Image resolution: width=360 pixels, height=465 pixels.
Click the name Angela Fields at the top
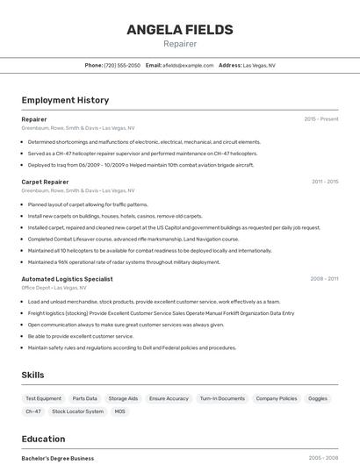pos(180,30)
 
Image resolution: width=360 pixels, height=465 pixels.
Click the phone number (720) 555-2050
pos(122,65)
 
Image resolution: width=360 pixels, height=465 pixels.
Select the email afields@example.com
pos(188,65)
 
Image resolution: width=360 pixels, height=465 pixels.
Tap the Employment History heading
pos(65,100)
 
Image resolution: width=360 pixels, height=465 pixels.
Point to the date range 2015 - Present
pos(321,118)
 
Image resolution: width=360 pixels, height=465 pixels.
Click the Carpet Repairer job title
pos(45,182)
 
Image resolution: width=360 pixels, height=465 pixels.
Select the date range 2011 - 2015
pos(325,182)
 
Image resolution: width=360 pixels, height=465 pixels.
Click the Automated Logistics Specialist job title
pos(67,279)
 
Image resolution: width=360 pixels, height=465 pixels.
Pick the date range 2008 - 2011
pos(324,279)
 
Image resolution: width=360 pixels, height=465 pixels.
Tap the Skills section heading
pos(33,376)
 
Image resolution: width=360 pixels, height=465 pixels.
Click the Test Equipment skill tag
pos(44,398)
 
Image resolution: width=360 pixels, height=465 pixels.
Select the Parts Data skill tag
pos(85,398)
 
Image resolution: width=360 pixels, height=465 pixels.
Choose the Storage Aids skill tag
pos(123,398)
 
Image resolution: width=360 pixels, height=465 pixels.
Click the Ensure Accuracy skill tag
pos(169,398)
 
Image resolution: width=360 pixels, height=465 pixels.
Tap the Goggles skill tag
pos(318,398)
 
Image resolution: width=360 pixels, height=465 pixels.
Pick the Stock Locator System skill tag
pos(77,411)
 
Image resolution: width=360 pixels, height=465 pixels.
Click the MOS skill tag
pos(120,411)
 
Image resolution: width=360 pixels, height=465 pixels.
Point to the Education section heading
pos(43,439)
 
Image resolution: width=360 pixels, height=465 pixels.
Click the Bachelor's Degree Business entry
pos(57,458)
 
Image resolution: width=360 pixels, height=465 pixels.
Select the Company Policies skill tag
pos(276,398)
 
